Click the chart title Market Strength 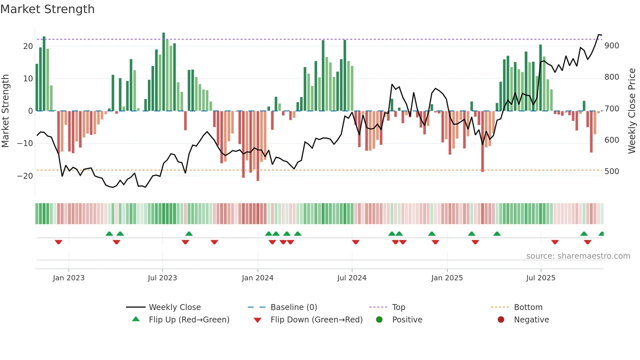tap(47, 9)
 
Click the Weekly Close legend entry tap(174, 307)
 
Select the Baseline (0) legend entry tap(294, 307)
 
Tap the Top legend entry tap(398, 307)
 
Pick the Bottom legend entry tap(528, 307)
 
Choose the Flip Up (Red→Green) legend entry tap(189, 319)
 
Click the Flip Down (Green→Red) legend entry tap(316, 319)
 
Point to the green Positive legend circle tap(379, 319)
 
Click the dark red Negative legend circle tap(501, 319)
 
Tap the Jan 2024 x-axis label tap(257, 278)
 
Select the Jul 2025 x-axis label tap(540, 278)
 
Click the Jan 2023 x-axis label tap(69, 278)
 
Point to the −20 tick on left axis tap(25, 176)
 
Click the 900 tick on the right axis tap(612, 46)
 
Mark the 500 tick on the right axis tap(612, 172)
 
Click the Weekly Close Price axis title tap(632, 111)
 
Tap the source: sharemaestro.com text tap(578, 256)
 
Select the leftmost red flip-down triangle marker tap(58, 242)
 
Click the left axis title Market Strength tap(6, 111)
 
